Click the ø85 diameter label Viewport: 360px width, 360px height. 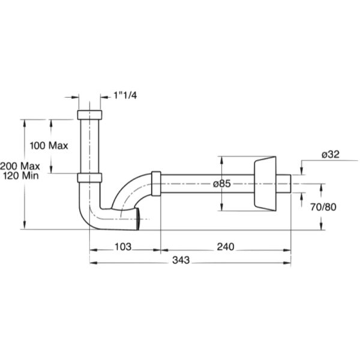click(221, 184)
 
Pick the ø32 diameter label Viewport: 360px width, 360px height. click(332, 154)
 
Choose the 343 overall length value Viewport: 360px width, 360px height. click(181, 260)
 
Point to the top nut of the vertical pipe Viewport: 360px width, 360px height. click(92, 115)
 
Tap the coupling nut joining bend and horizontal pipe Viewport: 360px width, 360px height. click(156, 184)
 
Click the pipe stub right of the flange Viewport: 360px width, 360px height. click(286, 183)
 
